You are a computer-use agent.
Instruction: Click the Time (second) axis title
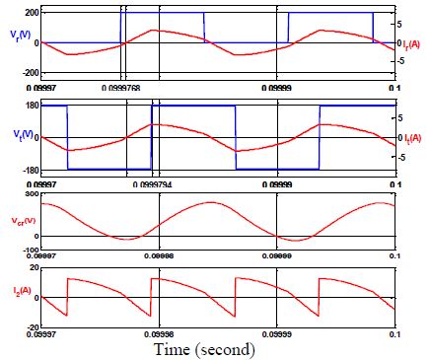click(204, 349)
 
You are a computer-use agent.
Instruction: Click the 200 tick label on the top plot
click(31, 12)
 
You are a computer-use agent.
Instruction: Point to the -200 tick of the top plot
click(30, 74)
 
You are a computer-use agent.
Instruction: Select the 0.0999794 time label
click(151, 183)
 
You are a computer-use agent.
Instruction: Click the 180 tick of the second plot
click(31, 106)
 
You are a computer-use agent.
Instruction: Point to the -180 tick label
click(30, 170)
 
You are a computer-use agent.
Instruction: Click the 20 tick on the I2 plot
click(34, 267)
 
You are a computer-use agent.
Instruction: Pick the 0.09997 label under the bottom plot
click(42, 332)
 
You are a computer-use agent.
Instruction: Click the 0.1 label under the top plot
click(394, 87)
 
